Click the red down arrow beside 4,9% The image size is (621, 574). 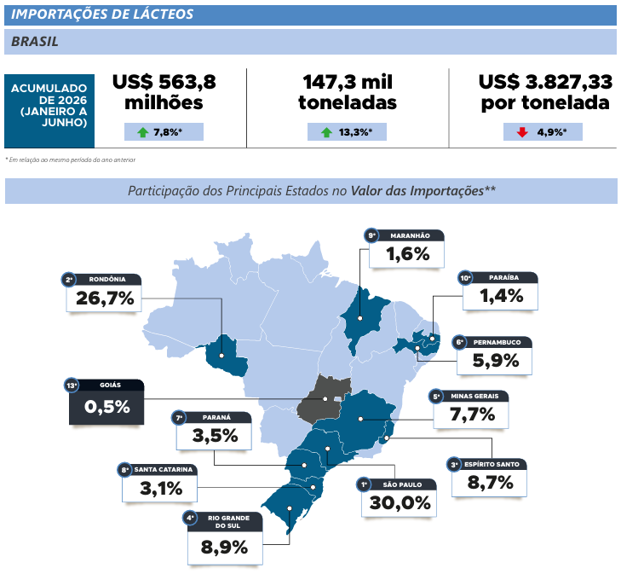pos(522,132)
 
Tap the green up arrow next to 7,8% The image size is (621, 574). pos(142,132)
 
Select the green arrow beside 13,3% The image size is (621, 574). pos(326,132)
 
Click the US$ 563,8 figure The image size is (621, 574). pos(164,82)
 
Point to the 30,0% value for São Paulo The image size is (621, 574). pos(400,502)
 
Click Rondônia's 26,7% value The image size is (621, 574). pos(105,299)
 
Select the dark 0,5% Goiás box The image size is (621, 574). pos(106,402)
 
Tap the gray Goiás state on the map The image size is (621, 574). pos(324,398)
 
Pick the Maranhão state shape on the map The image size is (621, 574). pos(362,317)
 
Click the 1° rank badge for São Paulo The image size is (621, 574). pos(363,484)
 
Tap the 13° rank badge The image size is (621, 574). pos(72,386)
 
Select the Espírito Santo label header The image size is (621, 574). pos(492,464)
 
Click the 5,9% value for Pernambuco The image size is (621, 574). pos(496,360)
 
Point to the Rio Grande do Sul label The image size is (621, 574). pos(228,522)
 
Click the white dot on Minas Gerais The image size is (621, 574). pos(360,419)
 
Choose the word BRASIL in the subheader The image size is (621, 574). pos(35,41)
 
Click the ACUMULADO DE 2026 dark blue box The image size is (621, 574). pos(49,111)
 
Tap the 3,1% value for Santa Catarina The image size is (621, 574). pos(161,489)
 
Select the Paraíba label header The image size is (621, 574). pos(503,277)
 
